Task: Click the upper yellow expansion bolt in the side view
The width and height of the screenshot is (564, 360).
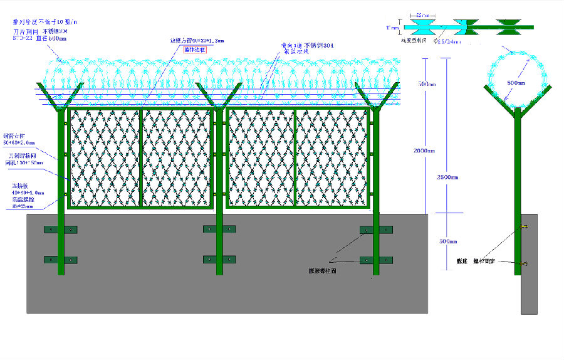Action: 524,226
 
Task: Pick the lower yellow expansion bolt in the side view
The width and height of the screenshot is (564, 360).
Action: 524,263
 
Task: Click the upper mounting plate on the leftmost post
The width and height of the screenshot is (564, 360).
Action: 60,230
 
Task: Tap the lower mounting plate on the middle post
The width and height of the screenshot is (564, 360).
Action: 219,259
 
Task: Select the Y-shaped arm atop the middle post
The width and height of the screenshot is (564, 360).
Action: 219,95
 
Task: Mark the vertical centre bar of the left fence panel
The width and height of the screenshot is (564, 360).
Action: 142,157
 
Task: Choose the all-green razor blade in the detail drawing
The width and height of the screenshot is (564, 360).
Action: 509,26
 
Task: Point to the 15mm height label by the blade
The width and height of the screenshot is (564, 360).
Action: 392,28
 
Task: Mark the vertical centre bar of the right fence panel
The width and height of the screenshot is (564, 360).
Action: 295,157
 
